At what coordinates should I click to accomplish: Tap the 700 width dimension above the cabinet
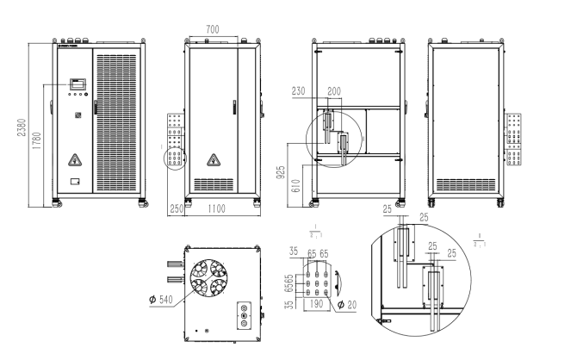212,30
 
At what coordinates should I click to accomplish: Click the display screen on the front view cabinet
76,85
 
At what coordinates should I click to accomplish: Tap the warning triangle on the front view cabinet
75,158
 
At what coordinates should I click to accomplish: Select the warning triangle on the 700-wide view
213,159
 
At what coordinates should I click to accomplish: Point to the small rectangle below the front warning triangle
75,182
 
